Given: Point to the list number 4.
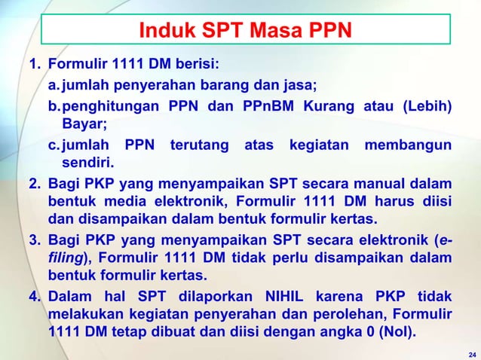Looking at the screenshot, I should tap(35, 295).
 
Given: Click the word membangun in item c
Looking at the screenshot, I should tap(409, 144).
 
